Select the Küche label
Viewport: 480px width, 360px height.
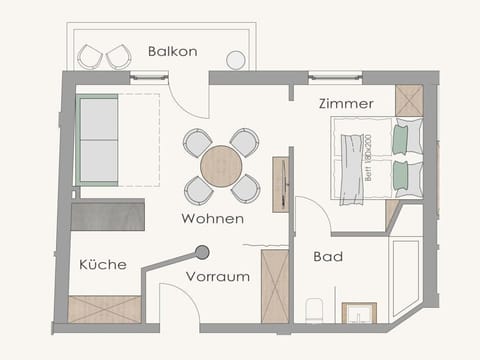coord(103,265)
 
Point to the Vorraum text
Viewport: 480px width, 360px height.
coord(217,277)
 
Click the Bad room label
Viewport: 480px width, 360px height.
coord(328,257)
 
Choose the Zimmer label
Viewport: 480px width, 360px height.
coord(346,103)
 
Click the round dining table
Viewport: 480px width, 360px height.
coord(221,166)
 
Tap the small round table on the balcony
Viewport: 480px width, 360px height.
coord(236,60)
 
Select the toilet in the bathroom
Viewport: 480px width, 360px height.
coord(315,310)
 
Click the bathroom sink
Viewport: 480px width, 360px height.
coord(358,314)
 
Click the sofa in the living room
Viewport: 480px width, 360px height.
coord(99,140)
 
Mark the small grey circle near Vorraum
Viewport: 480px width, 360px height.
coord(202,253)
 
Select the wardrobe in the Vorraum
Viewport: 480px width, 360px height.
coord(274,286)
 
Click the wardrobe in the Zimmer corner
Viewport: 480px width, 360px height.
coord(409,100)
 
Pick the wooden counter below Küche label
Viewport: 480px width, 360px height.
coord(104,309)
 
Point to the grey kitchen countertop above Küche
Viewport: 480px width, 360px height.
coord(108,215)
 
